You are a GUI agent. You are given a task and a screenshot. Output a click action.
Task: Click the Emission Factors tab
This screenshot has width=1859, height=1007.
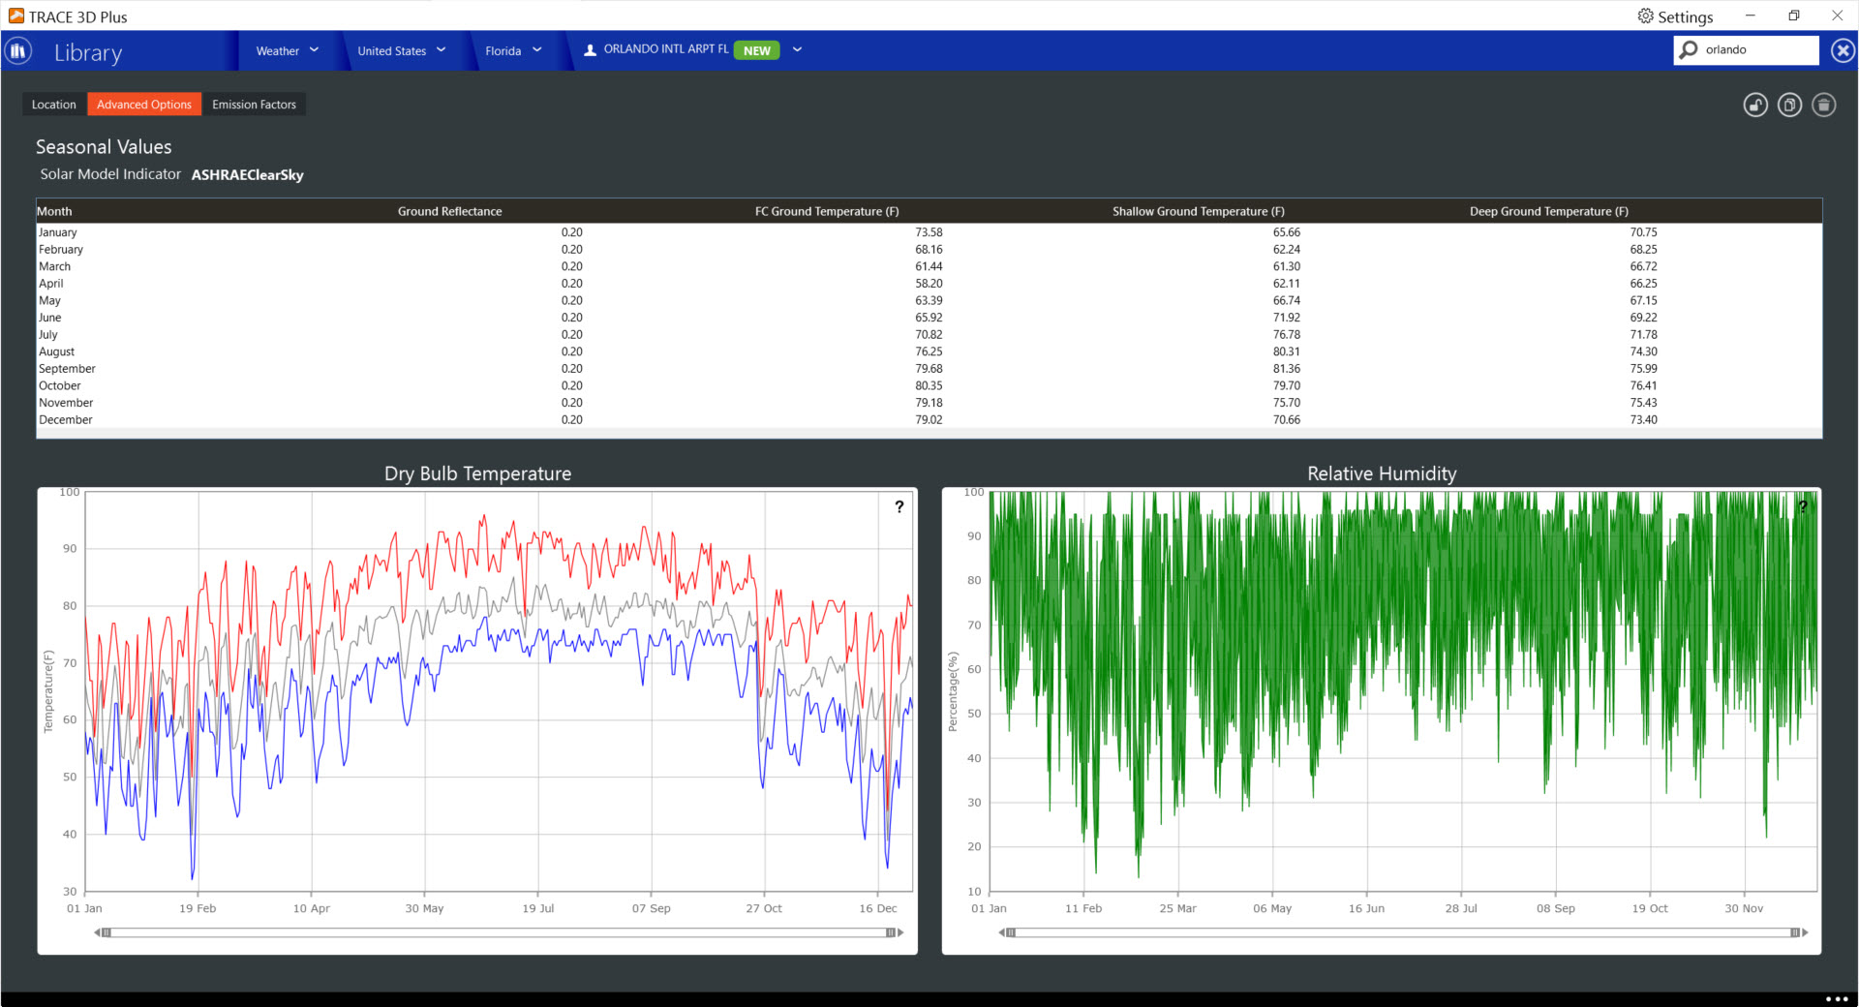(254, 105)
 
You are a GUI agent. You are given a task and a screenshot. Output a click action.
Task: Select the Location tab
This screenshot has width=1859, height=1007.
(54, 105)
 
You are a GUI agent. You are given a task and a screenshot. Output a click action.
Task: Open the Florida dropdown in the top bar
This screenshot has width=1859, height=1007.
(513, 50)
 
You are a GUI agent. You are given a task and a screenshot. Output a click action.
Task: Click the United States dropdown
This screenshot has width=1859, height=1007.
(402, 50)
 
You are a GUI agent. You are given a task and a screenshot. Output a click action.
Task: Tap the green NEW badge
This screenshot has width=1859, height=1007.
(757, 50)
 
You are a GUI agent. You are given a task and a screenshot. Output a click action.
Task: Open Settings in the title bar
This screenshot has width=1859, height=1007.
(1675, 16)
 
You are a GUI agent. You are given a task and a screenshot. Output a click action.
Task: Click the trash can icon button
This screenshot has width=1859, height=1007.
(1824, 105)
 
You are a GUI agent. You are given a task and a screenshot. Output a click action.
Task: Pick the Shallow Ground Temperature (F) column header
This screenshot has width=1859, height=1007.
(1199, 211)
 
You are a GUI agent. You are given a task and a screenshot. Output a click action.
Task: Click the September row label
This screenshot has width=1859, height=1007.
(67, 369)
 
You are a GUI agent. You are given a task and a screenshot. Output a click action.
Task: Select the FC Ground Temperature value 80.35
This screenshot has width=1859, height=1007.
(929, 385)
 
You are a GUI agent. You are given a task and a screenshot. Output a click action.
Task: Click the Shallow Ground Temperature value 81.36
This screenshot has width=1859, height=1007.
(1287, 369)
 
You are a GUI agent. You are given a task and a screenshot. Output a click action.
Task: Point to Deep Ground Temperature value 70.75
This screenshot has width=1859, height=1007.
(1643, 232)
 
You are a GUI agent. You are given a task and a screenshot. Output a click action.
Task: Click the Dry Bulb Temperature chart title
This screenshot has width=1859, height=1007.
(477, 473)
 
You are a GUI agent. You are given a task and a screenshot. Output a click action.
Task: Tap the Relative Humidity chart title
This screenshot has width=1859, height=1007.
(1382, 473)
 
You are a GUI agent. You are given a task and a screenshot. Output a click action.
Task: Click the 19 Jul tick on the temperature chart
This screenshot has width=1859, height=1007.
(538, 908)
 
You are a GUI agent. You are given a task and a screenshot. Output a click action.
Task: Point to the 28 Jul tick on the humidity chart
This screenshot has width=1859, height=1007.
(1461, 908)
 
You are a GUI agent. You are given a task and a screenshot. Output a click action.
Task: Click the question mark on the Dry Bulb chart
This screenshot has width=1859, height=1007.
(899, 506)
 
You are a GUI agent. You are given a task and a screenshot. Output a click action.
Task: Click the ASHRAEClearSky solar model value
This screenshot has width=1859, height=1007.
(248, 175)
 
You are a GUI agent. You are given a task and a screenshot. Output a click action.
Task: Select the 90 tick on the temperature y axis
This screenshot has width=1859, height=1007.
(70, 549)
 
